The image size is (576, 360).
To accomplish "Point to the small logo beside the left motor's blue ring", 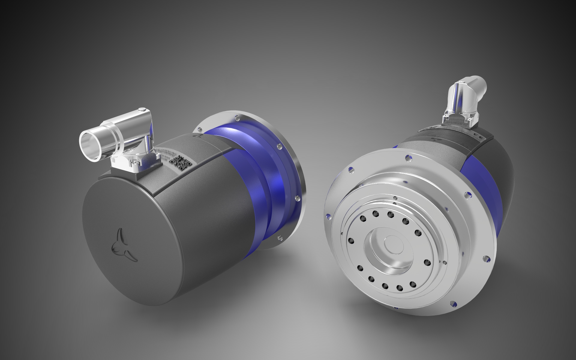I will tap(198, 136).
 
